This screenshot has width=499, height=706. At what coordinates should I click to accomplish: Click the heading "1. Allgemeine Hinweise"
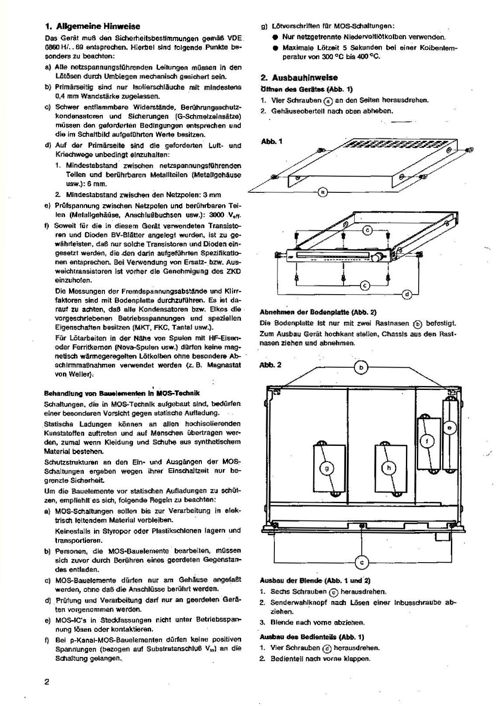(x=93, y=26)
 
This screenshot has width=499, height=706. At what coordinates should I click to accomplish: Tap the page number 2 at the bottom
(x=47, y=682)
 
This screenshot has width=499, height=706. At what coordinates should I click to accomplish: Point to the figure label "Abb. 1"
(x=271, y=142)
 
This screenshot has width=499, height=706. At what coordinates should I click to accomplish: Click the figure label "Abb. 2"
(x=270, y=365)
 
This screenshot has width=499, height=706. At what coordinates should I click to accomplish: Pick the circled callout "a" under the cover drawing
(x=322, y=191)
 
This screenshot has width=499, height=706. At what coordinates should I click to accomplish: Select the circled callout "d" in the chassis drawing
(x=407, y=294)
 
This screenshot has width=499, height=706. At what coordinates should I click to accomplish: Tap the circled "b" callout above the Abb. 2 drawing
(x=361, y=368)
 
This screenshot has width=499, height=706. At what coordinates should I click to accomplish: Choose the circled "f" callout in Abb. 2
(x=427, y=441)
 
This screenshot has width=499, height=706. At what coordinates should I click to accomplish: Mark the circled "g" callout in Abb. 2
(x=327, y=468)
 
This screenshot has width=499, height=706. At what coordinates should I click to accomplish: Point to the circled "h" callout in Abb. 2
(x=388, y=468)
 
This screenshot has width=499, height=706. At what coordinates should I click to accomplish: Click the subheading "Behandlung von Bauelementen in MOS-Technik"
(x=122, y=393)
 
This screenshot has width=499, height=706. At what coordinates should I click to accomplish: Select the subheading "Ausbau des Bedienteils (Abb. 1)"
(x=312, y=637)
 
